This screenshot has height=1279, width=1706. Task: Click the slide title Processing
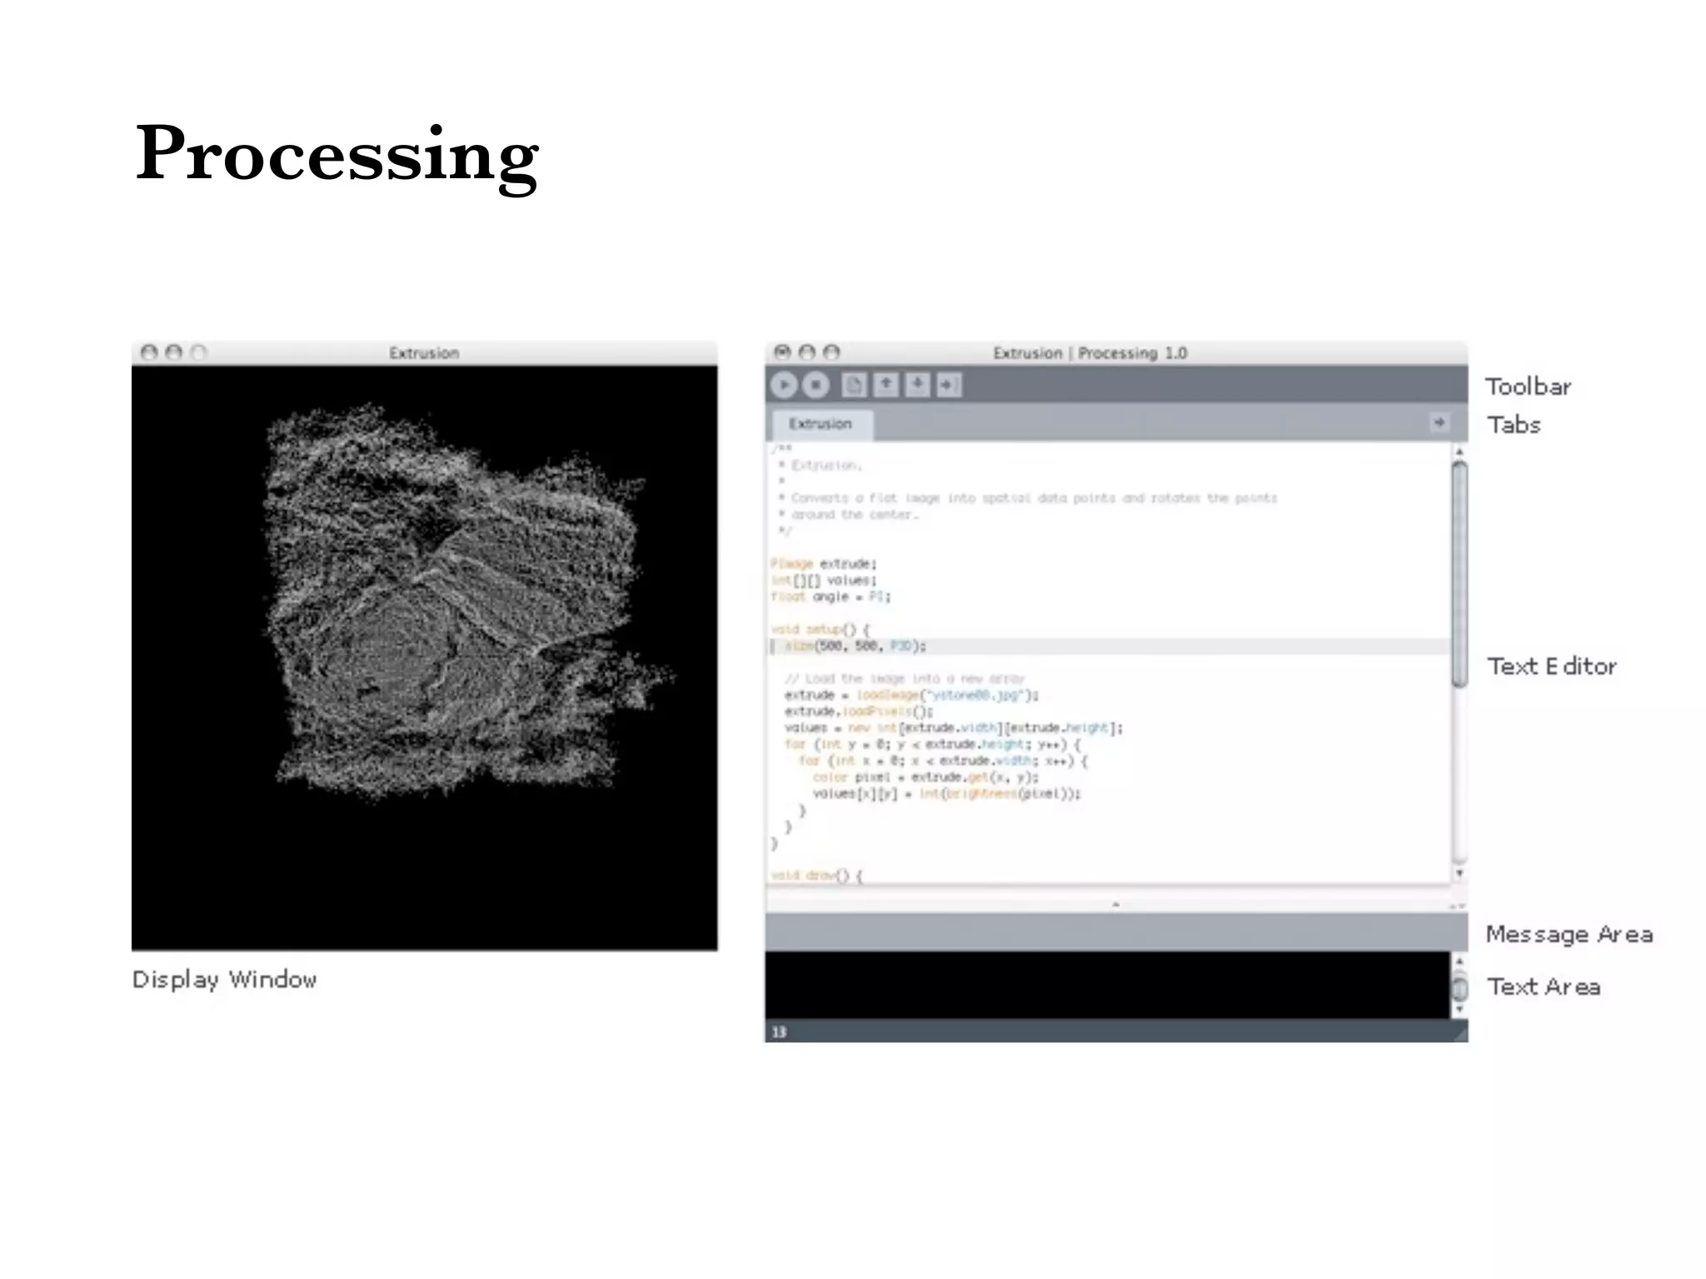click(337, 153)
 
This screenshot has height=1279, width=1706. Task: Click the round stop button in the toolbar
click(816, 385)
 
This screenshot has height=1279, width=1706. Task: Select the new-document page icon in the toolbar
click(854, 385)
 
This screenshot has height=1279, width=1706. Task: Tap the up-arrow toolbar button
click(885, 385)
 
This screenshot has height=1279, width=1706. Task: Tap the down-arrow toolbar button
click(917, 385)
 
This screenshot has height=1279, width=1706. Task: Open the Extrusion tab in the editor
click(821, 424)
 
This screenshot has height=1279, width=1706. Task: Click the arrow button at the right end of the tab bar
click(1439, 423)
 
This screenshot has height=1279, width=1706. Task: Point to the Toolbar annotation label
click(1528, 387)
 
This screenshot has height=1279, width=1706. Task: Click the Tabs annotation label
click(1514, 426)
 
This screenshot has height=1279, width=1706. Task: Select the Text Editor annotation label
click(1551, 666)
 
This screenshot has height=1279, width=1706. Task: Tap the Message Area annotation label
click(1569, 934)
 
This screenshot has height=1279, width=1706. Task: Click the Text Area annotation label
click(1544, 987)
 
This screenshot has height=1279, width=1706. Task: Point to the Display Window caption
click(224, 980)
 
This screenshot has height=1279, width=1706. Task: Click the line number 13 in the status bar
click(779, 1033)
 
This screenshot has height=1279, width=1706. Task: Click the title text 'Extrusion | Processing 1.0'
click(1090, 353)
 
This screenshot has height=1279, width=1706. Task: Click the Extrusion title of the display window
click(424, 353)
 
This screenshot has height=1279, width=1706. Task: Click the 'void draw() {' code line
click(817, 876)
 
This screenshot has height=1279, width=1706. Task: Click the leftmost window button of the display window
click(149, 353)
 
